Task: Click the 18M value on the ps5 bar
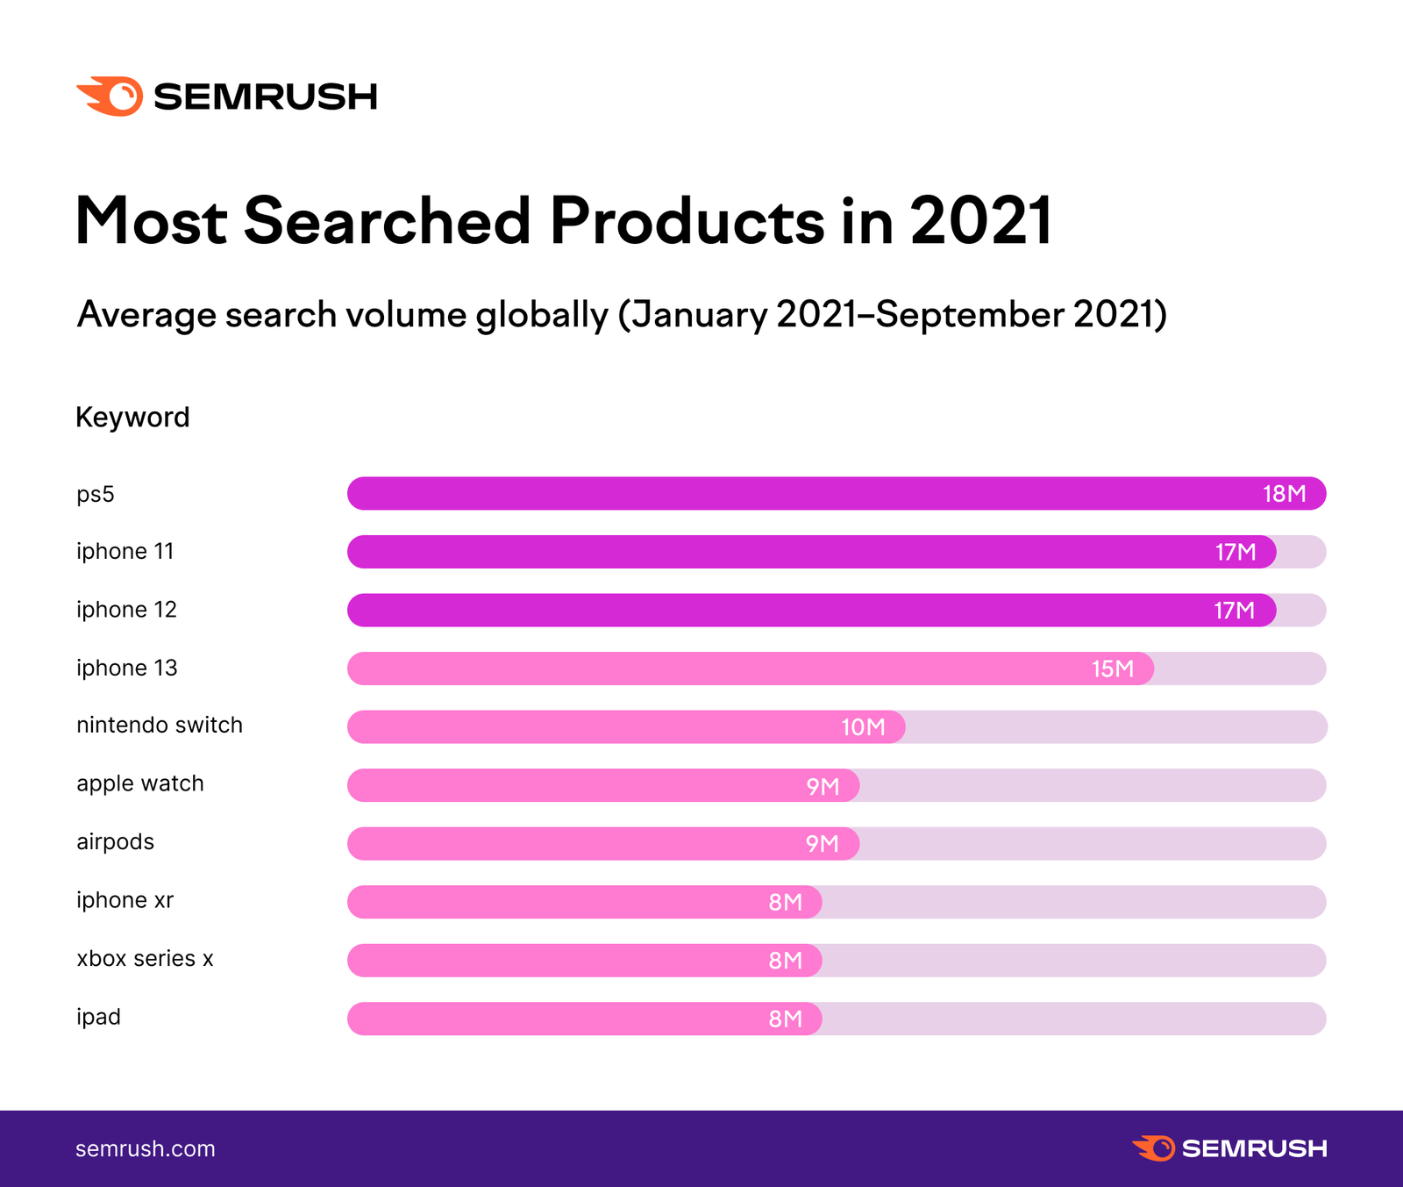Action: tap(1284, 494)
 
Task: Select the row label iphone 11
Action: tap(125, 552)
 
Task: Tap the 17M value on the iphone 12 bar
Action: tap(1234, 611)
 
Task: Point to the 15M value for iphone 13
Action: tap(1112, 669)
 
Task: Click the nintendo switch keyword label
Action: tap(160, 726)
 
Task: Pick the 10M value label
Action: tap(863, 727)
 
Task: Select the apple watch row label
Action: tap(140, 783)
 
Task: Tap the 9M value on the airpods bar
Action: tap(822, 844)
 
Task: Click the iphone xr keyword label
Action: tap(125, 901)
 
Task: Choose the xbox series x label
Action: tap(145, 959)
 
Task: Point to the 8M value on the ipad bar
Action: tap(785, 1019)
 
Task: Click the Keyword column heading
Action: tap(132, 417)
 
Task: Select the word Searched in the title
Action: tap(388, 220)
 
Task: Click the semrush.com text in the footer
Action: tap(146, 1149)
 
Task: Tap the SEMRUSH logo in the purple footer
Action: tap(1229, 1148)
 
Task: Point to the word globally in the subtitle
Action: tap(542, 315)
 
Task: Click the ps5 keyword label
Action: tap(96, 495)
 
